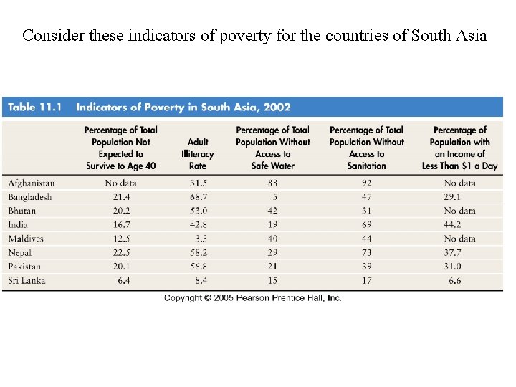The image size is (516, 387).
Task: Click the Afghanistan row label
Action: pyautogui.click(x=32, y=183)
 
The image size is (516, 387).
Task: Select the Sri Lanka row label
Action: pyautogui.click(x=27, y=280)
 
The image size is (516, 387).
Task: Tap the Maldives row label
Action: pyautogui.click(x=26, y=239)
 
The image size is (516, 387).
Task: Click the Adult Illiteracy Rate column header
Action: pyautogui.click(x=198, y=154)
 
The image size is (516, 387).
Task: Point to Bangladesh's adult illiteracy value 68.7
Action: pyautogui.click(x=198, y=197)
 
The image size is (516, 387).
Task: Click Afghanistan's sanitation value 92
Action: pyautogui.click(x=367, y=183)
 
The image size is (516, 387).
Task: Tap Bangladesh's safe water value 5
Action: pyautogui.click(x=274, y=197)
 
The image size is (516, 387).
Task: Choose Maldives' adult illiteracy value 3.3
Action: pyautogui.click(x=201, y=239)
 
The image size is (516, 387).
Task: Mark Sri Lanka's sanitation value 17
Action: pyautogui.click(x=367, y=280)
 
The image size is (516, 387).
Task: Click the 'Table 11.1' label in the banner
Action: pyautogui.click(x=34, y=107)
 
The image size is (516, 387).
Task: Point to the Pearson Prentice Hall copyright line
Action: pyautogui.click(x=252, y=298)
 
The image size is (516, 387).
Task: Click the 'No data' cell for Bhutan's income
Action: pyautogui.click(x=459, y=211)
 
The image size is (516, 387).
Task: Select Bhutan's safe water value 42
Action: pyautogui.click(x=272, y=211)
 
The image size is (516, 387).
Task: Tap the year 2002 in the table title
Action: pyautogui.click(x=276, y=107)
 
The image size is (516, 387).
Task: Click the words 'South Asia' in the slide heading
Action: pyautogui.click(x=449, y=35)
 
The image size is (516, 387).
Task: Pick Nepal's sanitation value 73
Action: pyautogui.click(x=367, y=252)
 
